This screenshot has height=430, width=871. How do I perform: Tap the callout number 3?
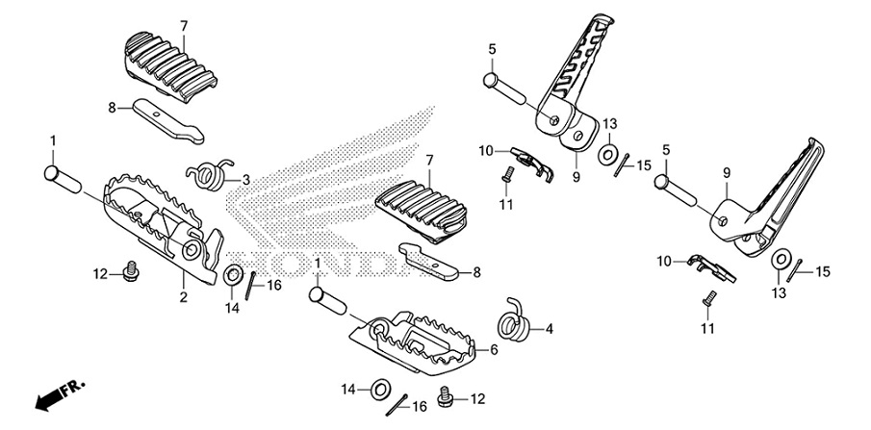245,179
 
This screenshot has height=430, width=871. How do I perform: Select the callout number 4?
550,328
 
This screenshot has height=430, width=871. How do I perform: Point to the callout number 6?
493,350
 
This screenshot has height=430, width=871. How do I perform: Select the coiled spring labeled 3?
209,173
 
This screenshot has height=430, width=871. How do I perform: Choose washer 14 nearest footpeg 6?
378,389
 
